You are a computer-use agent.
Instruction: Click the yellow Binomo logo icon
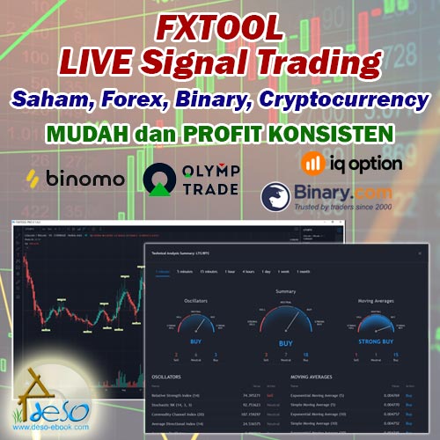pyautogui.click(x=35, y=178)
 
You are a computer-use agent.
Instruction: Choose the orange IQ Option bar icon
pyautogui.click(x=310, y=163)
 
